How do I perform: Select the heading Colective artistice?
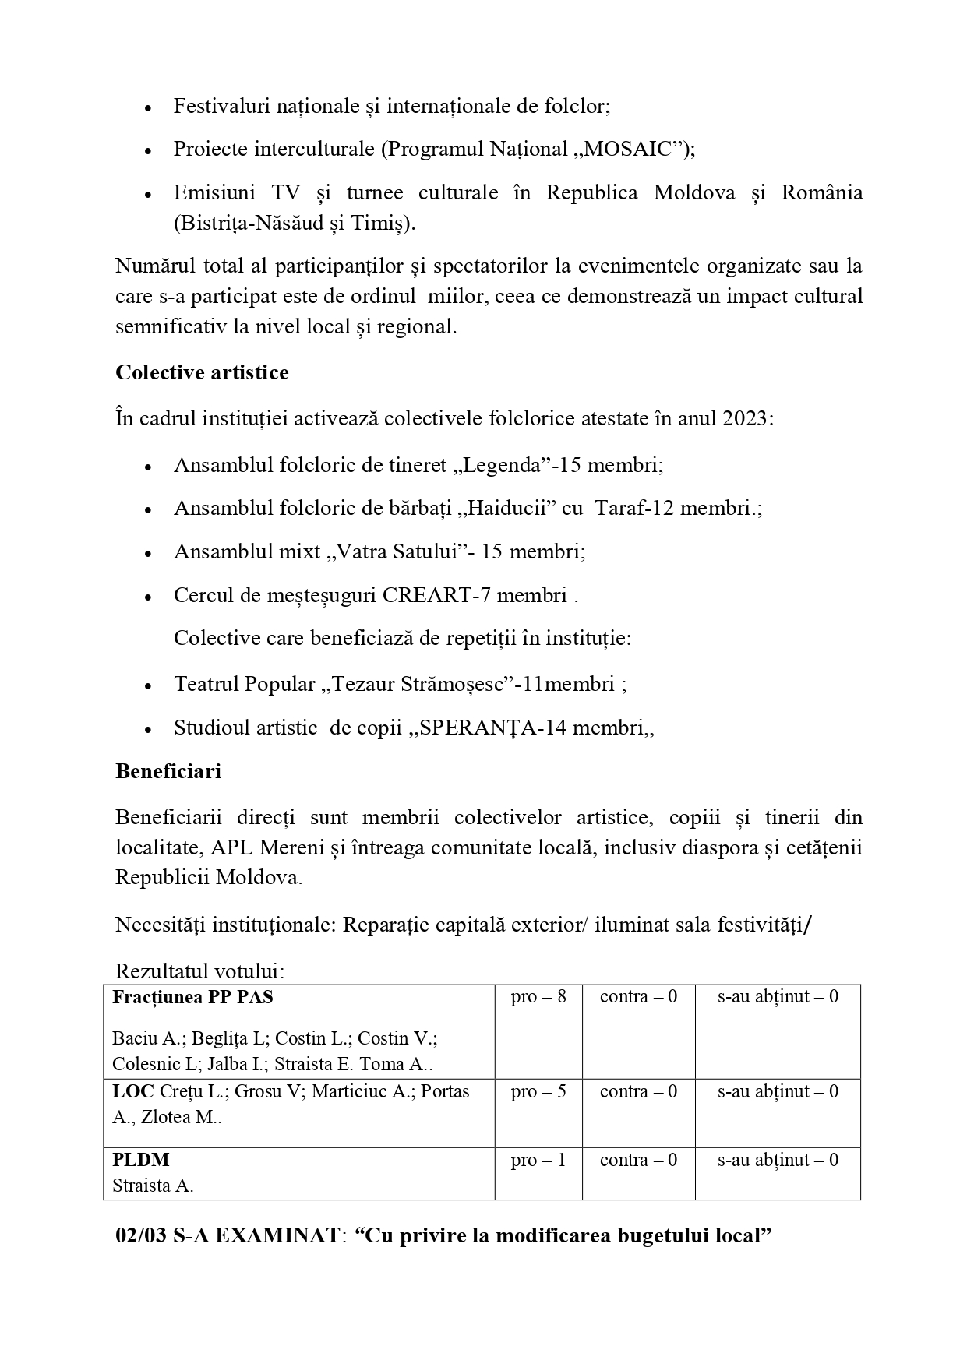coord(202,372)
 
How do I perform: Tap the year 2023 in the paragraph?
coord(745,418)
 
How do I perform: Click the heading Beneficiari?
coord(168,771)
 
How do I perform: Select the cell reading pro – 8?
coord(538,996)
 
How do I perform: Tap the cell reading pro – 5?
coord(538,1091)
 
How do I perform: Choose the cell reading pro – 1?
coord(538,1160)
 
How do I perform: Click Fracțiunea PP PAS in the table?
coord(192,996)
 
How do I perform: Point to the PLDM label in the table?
coord(141,1160)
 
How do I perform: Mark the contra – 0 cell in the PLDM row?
coord(638,1160)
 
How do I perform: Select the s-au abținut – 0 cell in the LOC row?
coord(778,1091)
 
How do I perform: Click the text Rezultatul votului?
coord(199,971)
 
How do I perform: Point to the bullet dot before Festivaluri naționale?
coord(148,107)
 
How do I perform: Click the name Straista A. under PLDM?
coord(153,1186)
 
